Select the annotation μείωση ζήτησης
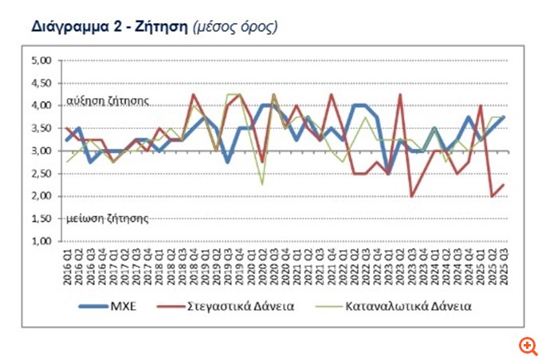[99, 216]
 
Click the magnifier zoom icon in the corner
[527, 345]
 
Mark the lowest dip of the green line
[261, 184]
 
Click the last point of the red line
[503, 185]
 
